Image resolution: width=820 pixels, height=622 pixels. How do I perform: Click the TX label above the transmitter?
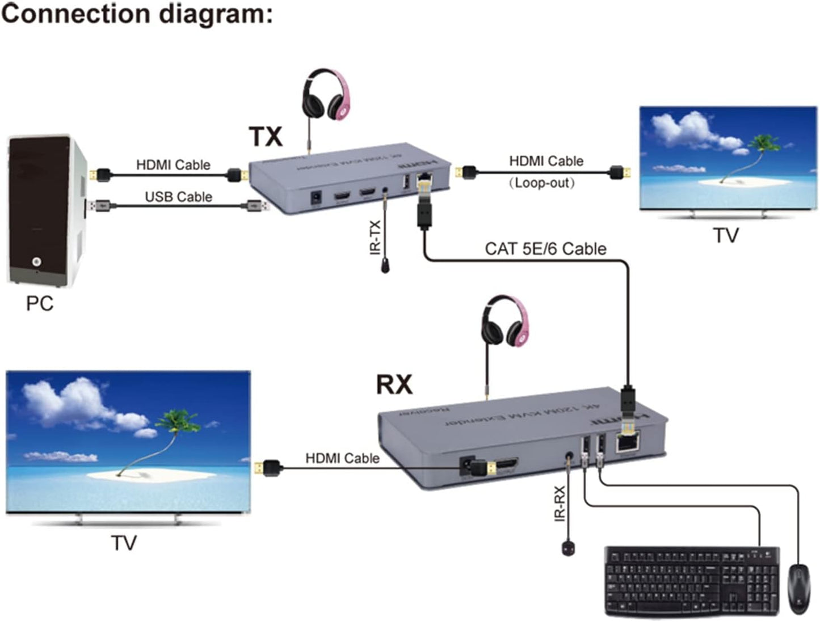pyautogui.click(x=266, y=137)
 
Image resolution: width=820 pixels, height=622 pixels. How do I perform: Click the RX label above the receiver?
pyautogui.click(x=394, y=384)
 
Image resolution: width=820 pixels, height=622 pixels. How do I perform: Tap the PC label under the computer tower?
pyautogui.click(x=40, y=304)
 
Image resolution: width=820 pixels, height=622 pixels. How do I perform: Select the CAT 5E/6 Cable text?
pyautogui.click(x=545, y=249)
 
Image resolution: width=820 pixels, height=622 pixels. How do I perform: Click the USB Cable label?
pyautogui.click(x=178, y=197)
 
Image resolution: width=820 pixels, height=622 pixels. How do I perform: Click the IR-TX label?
pyautogui.click(x=375, y=238)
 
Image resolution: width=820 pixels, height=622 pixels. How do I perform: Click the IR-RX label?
pyautogui.click(x=560, y=503)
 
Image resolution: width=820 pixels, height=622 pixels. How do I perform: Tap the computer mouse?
pyautogui.click(x=799, y=589)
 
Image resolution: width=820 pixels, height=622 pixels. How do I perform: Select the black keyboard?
pyautogui.click(x=692, y=581)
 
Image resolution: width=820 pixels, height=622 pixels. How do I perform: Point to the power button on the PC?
pyautogui.click(x=37, y=261)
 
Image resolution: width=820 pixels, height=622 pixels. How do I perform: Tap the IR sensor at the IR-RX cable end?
pyautogui.click(x=569, y=548)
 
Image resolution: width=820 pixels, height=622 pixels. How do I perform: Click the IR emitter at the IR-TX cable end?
pyautogui.click(x=385, y=265)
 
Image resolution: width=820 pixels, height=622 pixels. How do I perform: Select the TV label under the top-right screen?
pyautogui.click(x=726, y=235)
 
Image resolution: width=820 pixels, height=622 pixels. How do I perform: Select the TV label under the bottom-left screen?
pyautogui.click(x=124, y=543)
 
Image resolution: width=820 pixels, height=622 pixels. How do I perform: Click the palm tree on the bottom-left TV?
pyautogui.click(x=170, y=425)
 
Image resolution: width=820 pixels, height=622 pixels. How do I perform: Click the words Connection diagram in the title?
pyautogui.click(x=137, y=14)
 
